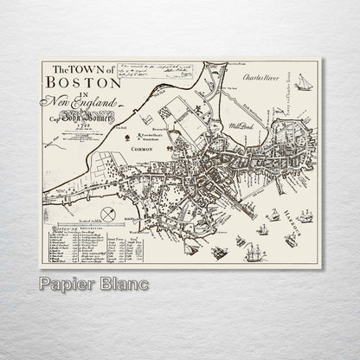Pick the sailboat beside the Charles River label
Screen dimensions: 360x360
pos(304,82)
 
